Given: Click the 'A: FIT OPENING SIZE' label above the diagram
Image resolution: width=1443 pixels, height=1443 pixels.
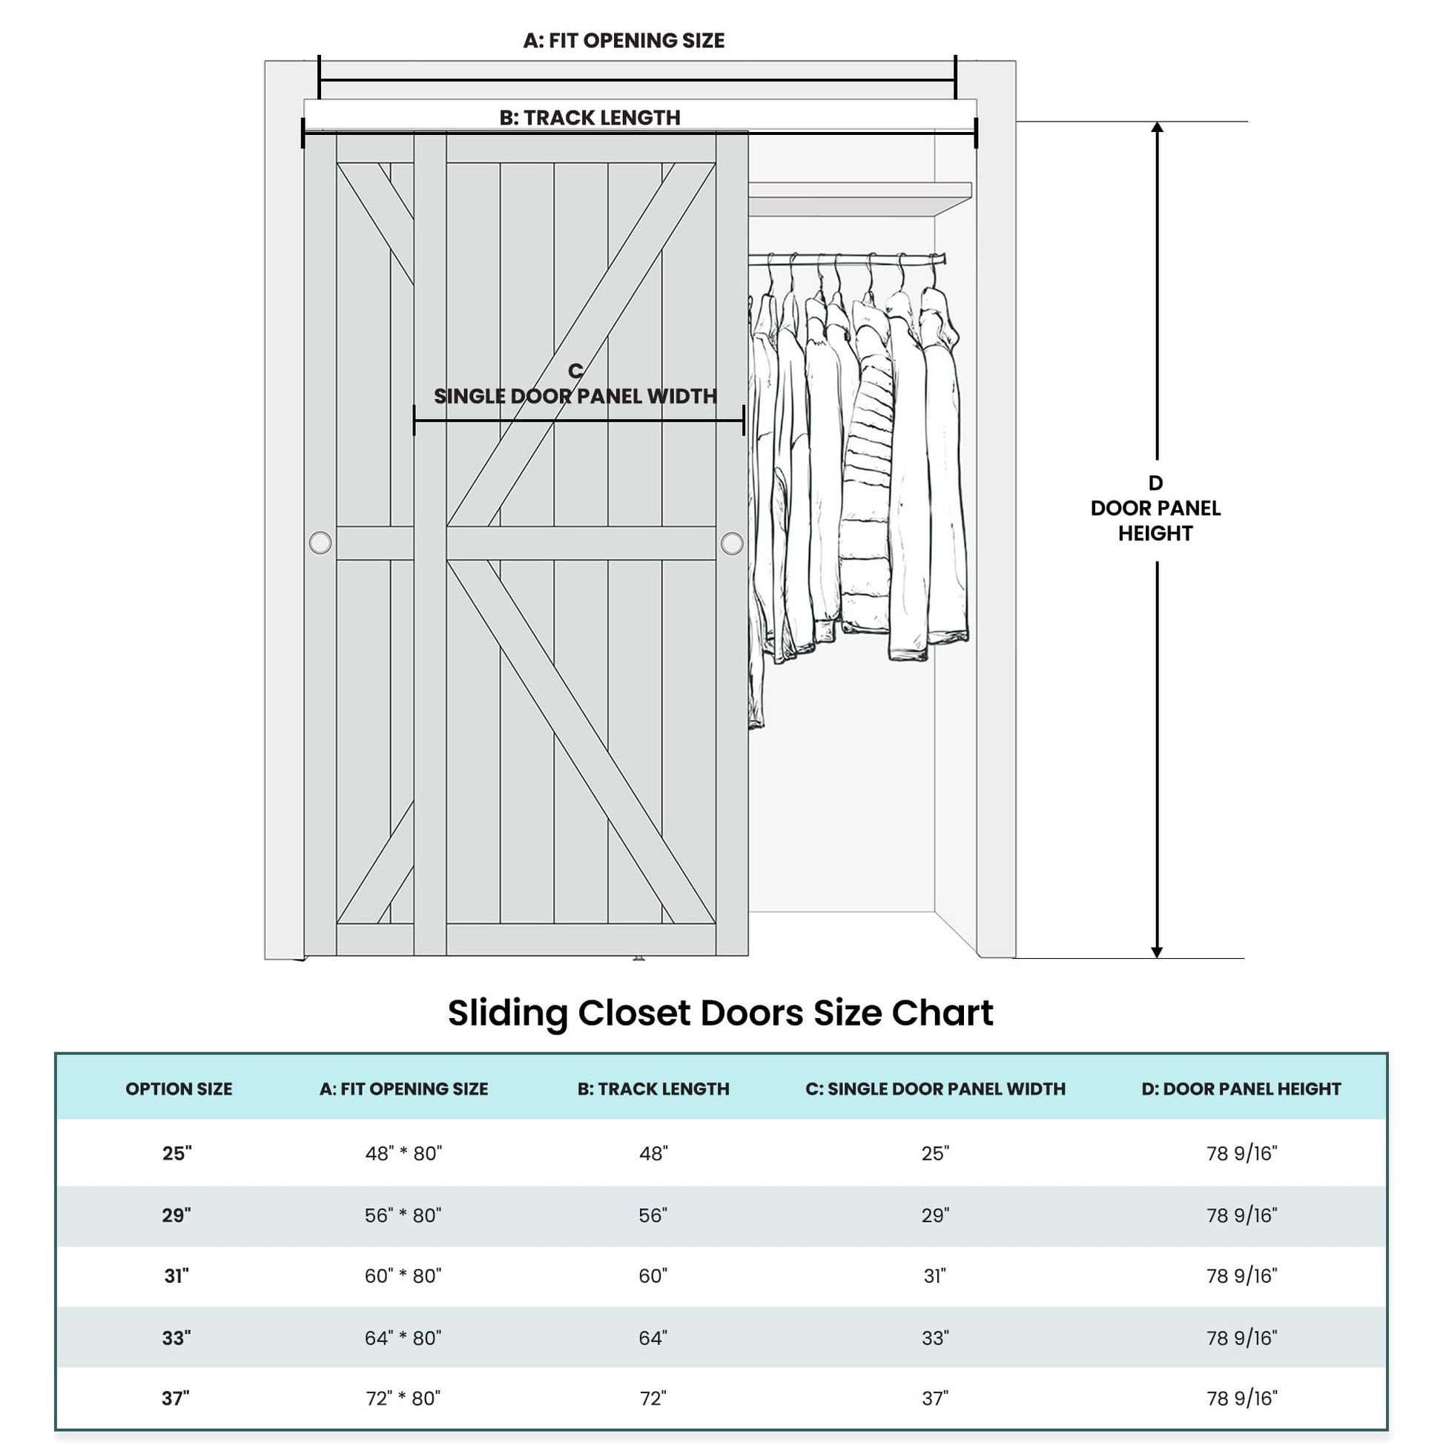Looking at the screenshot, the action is [624, 40].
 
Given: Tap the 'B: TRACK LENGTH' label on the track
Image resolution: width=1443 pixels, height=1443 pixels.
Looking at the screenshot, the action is [590, 118].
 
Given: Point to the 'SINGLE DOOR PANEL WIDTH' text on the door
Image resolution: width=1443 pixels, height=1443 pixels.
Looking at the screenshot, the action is [575, 397].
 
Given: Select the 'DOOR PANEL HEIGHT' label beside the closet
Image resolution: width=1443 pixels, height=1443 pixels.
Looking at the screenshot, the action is [1155, 521].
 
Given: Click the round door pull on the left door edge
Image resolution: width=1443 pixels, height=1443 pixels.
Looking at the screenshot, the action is [320, 543].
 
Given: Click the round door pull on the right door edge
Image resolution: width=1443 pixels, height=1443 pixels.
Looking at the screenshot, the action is [732, 544].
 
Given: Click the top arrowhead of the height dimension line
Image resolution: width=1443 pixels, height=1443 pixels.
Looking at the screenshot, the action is [1157, 128].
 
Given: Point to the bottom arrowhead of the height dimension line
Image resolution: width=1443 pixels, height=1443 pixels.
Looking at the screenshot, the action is [1157, 952].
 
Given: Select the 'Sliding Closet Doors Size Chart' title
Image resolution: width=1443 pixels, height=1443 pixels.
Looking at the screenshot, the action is [721, 1014].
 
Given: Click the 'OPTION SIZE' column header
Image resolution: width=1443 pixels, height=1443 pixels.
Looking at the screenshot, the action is [179, 1089].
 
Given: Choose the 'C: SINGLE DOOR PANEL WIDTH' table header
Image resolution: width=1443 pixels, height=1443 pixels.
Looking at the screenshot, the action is [935, 1089].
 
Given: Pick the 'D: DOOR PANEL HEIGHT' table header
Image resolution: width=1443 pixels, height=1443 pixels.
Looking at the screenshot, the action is [1241, 1089].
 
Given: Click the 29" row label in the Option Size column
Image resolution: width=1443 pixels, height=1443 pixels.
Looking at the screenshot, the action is [177, 1216].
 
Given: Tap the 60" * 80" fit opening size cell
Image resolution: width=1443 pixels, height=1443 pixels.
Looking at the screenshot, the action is [403, 1276].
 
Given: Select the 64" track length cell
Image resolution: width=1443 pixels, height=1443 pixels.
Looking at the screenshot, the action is [653, 1338].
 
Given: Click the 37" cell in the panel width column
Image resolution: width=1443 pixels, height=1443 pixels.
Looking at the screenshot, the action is [935, 1399].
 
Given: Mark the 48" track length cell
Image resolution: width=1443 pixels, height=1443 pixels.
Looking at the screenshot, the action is [653, 1154].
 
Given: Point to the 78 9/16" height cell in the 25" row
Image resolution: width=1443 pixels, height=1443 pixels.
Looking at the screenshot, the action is [1242, 1154].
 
